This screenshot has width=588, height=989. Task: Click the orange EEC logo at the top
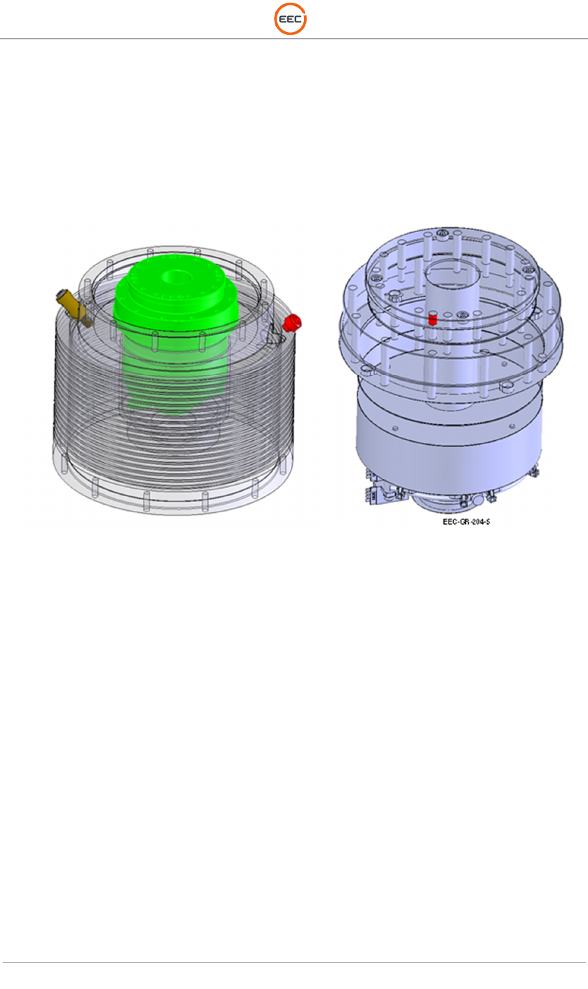coord(291,19)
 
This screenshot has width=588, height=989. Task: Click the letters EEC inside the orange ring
coord(290,19)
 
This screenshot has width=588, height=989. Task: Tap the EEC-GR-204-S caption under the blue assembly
coord(466,522)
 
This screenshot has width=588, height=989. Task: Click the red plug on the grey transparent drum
coord(292,322)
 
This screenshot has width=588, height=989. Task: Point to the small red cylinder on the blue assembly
coord(433,318)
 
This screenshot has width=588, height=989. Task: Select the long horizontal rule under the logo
coord(294,39)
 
